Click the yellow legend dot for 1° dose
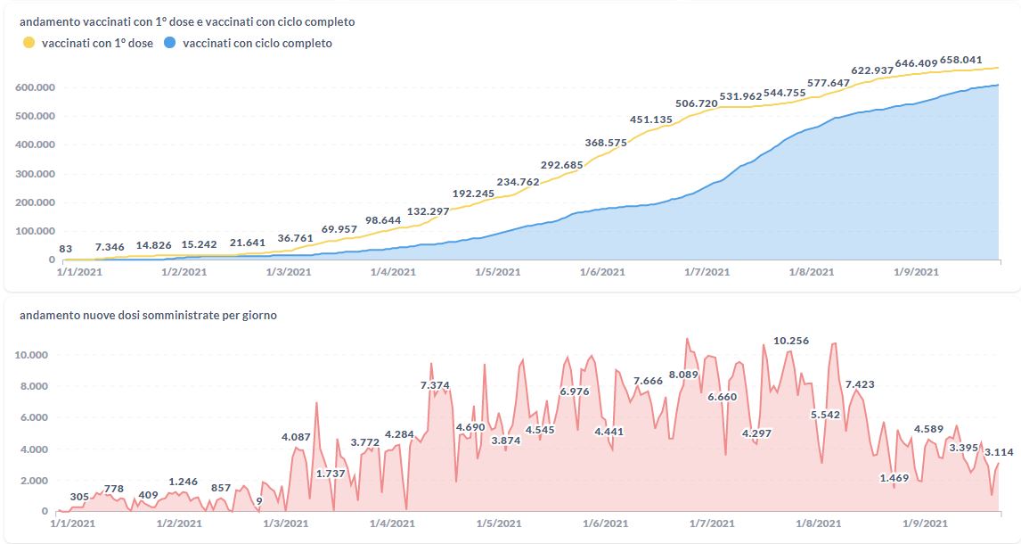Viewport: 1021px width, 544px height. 29,43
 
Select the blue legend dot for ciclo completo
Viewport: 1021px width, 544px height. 169,43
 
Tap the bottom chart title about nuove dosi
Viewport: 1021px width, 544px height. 149,316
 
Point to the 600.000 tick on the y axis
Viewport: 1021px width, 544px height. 35,87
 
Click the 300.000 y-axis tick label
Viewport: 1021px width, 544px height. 35,174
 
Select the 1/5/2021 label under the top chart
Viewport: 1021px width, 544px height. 496,272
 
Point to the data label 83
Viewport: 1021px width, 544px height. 66,249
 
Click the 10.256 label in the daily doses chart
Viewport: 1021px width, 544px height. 791,341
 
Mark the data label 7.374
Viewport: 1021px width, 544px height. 435,384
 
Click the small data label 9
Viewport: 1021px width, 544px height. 259,500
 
